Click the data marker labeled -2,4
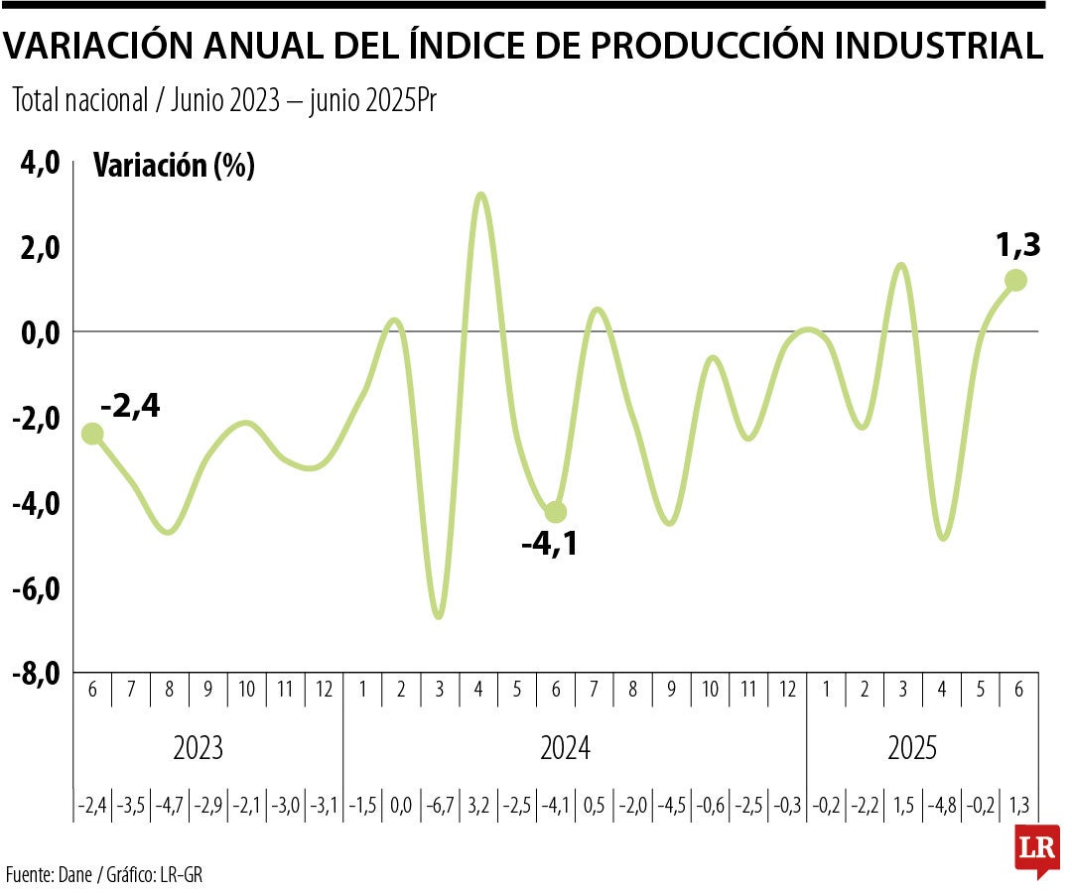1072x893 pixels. click(92, 434)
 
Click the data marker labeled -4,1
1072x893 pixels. click(556, 512)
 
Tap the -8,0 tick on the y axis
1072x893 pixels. click(37, 674)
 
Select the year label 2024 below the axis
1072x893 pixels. click(565, 748)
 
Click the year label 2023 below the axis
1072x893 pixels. click(198, 748)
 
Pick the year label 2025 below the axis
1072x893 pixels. click(911, 748)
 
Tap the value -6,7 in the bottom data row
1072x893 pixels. click(439, 804)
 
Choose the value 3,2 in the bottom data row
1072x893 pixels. click(478, 804)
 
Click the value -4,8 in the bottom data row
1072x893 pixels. click(941, 804)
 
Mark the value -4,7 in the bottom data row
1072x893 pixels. click(169, 804)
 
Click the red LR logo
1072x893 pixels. click(1036, 850)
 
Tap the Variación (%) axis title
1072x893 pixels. click(174, 166)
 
